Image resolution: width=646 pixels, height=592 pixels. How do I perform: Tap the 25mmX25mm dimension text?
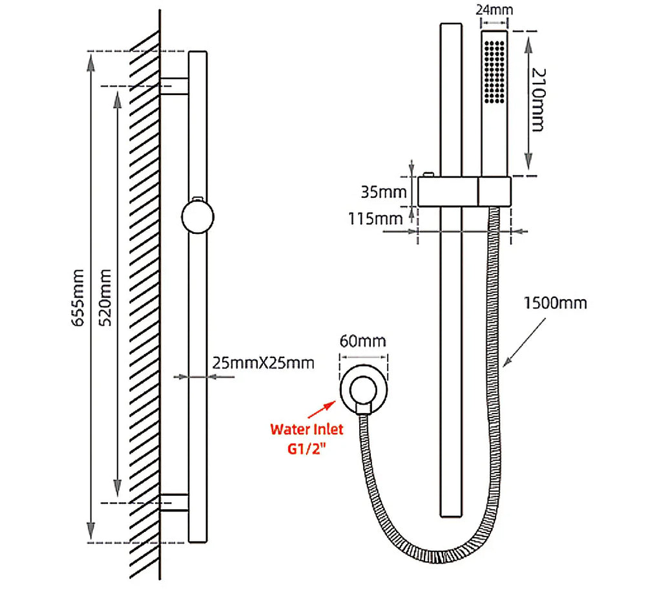click(263, 363)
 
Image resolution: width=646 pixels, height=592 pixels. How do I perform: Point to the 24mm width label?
click(494, 10)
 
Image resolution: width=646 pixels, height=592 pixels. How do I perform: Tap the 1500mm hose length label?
click(556, 303)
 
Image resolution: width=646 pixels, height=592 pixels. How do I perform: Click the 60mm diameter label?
click(366, 340)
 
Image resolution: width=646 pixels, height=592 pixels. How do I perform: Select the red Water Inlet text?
click(307, 428)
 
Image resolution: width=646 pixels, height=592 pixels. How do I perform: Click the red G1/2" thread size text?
click(307, 448)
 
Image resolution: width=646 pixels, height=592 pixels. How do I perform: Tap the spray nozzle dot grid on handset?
click(495, 71)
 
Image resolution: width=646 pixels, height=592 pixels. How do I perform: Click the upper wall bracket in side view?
click(174, 86)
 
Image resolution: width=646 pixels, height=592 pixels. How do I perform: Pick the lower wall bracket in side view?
click(174, 502)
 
